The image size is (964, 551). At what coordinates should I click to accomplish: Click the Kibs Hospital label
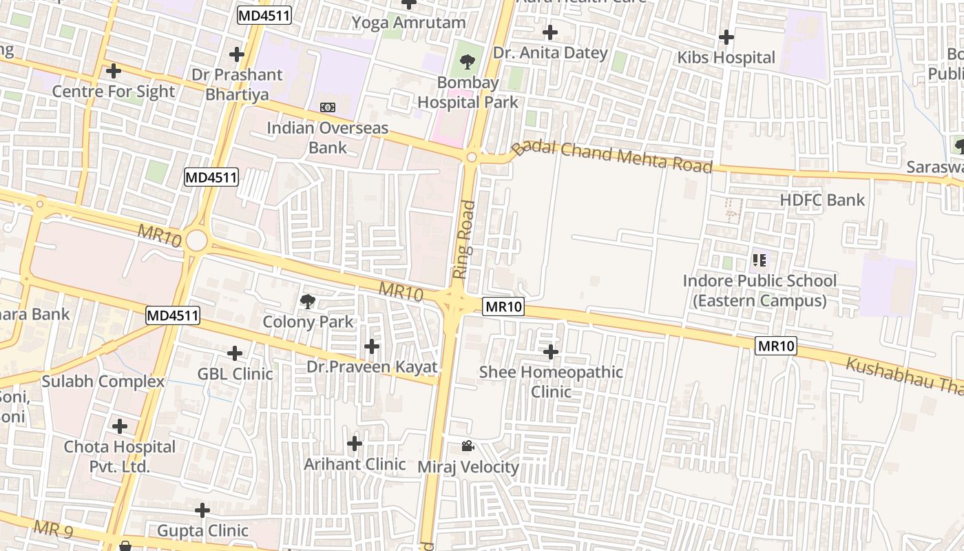pyautogui.click(x=726, y=58)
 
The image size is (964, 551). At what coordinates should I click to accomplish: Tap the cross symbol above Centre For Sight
pyautogui.click(x=114, y=70)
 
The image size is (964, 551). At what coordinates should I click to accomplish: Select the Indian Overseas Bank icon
pyautogui.click(x=328, y=107)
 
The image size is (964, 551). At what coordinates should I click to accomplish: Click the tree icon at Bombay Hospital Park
pyautogui.click(x=468, y=62)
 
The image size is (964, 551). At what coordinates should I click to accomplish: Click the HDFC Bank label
pyautogui.click(x=822, y=200)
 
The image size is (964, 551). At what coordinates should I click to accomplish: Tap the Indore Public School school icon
pyautogui.click(x=759, y=260)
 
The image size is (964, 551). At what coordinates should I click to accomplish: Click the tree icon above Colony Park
pyautogui.click(x=308, y=301)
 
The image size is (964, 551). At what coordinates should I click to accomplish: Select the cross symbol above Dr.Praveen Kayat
pyautogui.click(x=372, y=346)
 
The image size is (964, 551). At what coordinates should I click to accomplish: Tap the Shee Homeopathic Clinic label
pyautogui.click(x=551, y=382)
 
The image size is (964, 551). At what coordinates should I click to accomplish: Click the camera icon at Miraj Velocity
pyautogui.click(x=468, y=446)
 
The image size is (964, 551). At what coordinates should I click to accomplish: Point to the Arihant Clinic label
pyautogui.click(x=355, y=464)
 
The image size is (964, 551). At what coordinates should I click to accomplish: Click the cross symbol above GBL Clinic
pyautogui.click(x=235, y=353)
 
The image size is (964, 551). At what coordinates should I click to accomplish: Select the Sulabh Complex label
pyautogui.click(x=103, y=382)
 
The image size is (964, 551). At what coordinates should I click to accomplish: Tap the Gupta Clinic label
pyautogui.click(x=202, y=531)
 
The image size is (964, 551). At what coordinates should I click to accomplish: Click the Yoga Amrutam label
pyautogui.click(x=409, y=23)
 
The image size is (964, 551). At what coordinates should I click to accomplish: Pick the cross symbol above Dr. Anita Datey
pyautogui.click(x=550, y=32)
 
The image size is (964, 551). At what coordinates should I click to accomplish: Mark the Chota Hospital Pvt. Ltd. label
pyautogui.click(x=120, y=456)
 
